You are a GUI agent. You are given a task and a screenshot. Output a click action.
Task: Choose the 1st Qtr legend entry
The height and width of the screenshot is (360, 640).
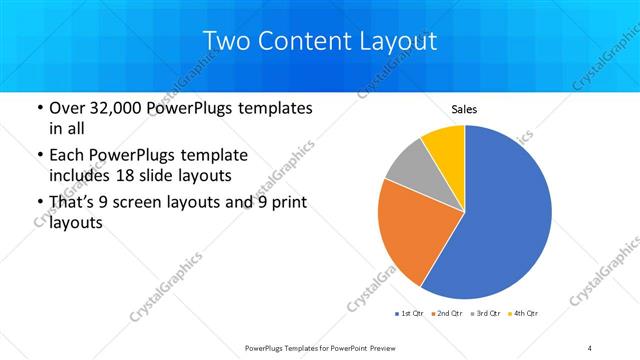click(409, 314)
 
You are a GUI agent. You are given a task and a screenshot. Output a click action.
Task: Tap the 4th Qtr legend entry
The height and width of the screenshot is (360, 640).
click(524, 314)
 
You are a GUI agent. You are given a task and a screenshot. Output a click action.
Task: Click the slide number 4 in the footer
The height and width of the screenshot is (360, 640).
click(590, 347)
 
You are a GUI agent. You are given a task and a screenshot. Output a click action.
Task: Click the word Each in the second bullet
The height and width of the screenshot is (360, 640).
click(68, 156)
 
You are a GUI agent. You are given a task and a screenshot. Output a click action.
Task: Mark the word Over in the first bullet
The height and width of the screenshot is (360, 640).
click(69, 107)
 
